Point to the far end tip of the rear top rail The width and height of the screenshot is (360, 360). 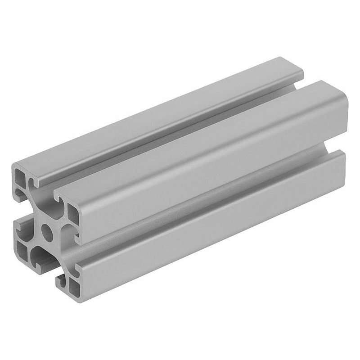point(288,61)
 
